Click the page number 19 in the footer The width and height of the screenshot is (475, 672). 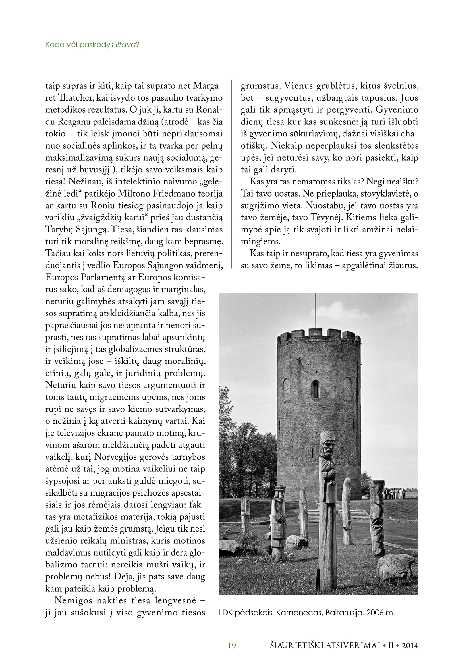(232, 645)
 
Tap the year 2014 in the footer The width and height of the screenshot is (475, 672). (410, 645)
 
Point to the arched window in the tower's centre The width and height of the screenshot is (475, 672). (315, 389)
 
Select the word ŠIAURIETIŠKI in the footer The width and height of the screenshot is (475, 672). (296, 645)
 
